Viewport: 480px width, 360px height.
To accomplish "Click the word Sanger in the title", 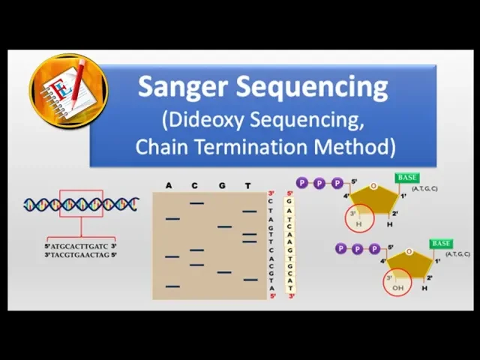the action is (x=184, y=87).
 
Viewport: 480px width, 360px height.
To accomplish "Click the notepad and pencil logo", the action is (x=67, y=91).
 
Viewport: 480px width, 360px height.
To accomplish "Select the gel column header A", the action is (x=169, y=185).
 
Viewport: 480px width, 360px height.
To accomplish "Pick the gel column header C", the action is (x=195, y=185).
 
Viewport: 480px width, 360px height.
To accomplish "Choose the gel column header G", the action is (x=222, y=185).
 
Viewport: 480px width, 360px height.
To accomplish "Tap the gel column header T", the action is (x=248, y=185).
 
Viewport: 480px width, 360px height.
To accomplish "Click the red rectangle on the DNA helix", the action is (x=81, y=203).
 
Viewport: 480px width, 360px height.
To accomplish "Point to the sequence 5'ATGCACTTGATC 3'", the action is (x=80, y=246).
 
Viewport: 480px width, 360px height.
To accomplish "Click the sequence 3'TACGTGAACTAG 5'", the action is (x=80, y=255).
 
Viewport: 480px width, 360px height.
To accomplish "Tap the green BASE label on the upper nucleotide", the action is (x=407, y=178).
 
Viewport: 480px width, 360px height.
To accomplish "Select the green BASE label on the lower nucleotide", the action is (x=441, y=244).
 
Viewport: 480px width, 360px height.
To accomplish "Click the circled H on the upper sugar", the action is (x=358, y=223).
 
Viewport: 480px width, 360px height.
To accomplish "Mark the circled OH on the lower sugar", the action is (x=398, y=286).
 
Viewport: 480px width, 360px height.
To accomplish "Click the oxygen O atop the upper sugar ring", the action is (x=373, y=186).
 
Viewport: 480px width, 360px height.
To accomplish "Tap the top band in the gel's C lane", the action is (x=196, y=202).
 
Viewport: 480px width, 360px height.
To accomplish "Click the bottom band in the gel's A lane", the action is (x=172, y=286).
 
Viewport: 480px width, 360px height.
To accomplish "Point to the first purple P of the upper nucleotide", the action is (x=302, y=183).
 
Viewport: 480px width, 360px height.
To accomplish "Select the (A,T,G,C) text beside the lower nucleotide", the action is (x=457, y=254).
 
